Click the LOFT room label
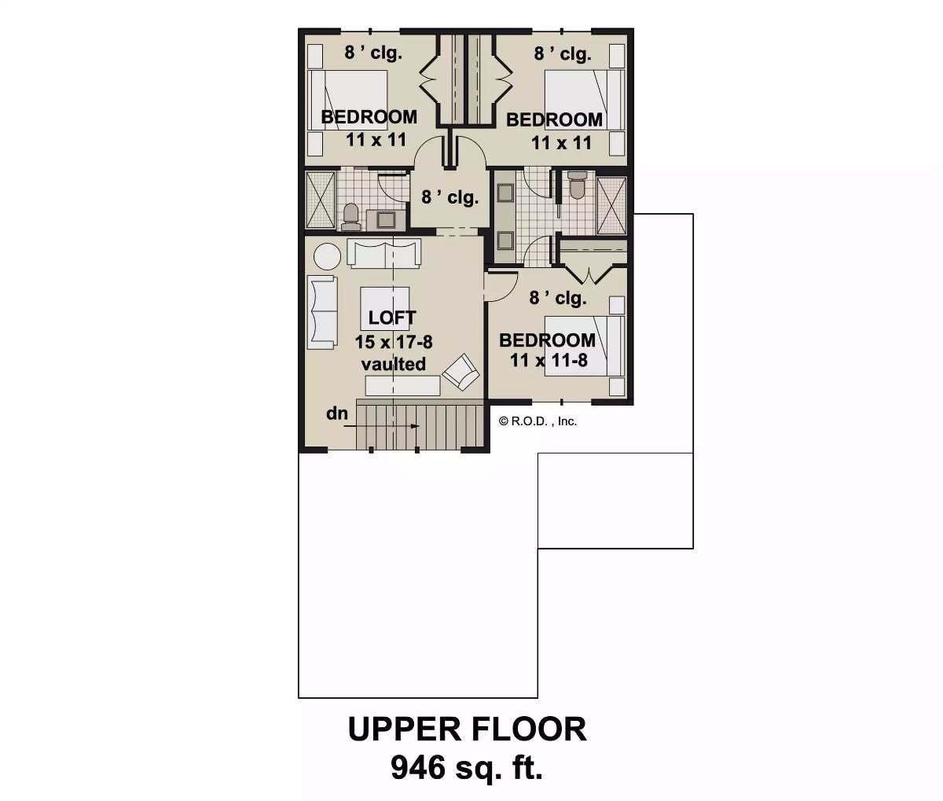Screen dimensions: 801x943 click(392, 318)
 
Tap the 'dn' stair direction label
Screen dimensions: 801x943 click(337, 413)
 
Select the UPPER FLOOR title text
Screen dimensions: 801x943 click(467, 729)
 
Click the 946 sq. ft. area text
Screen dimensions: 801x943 click(467, 767)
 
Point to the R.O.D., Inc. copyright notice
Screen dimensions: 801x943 click(538, 421)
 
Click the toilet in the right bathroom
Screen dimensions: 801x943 click(577, 186)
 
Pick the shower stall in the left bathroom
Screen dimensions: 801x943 click(320, 200)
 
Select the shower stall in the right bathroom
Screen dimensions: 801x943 click(611, 206)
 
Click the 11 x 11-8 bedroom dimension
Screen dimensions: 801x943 click(548, 360)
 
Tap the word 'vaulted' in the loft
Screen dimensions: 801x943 click(394, 364)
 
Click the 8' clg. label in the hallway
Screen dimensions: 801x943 click(449, 197)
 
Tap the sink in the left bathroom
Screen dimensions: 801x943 click(387, 220)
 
